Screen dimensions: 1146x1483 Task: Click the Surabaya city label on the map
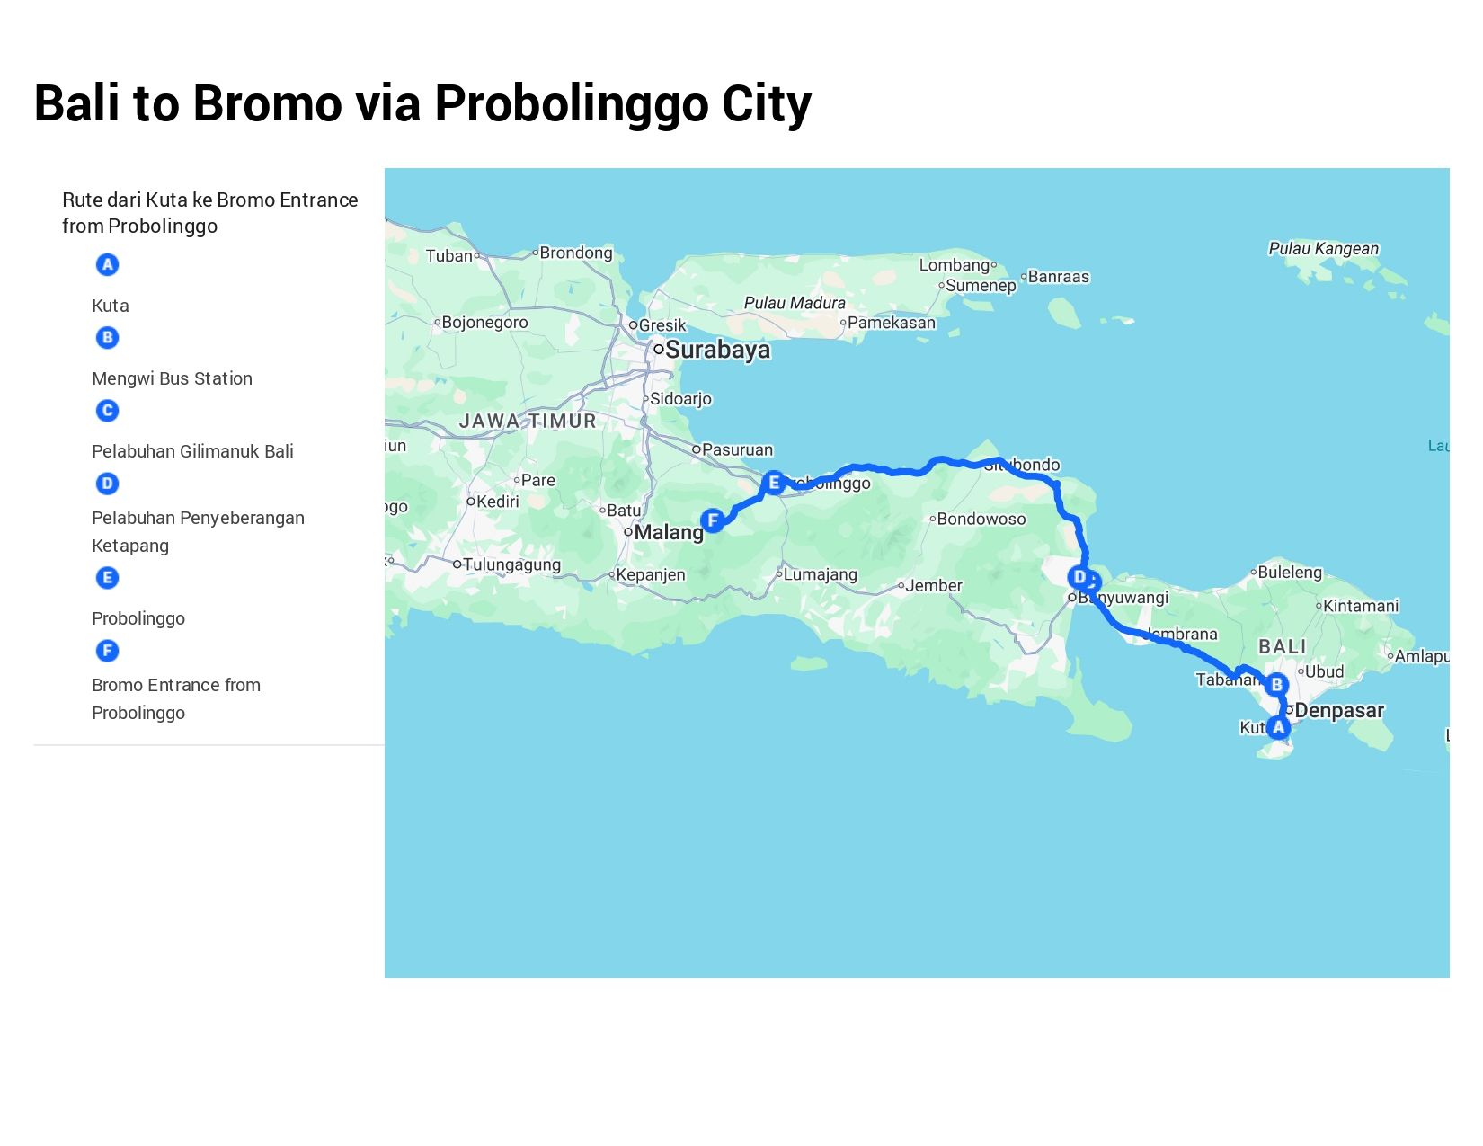click(717, 350)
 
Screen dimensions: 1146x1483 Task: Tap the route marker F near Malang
click(713, 520)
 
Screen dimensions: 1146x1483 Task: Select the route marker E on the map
click(773, 483)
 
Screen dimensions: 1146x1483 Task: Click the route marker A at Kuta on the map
click(1278, 727)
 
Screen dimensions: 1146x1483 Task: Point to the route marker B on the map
click(1276, 685)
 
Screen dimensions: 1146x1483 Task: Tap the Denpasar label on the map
click(1339, 711)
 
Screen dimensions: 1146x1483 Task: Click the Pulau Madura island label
click(795, 303)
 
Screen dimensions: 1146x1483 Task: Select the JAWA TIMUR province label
click(528, 421)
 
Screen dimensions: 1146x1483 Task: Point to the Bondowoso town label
click(981, 519)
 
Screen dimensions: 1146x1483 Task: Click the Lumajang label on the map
click(820, 574)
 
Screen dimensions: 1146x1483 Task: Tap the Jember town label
click(934, 586)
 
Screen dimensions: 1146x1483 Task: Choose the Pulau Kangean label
click(1323, 249)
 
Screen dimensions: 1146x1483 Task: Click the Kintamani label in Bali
click(1361, 606)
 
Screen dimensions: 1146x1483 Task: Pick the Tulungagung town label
click(511, 564)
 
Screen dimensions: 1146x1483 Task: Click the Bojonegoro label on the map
click(484, 323)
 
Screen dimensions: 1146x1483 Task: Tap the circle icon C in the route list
click(107, 411)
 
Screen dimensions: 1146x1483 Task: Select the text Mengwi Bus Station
click(172, 378)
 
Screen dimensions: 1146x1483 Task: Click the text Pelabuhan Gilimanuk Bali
click(192, 451)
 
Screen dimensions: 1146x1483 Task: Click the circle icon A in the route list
click(107, 264)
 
